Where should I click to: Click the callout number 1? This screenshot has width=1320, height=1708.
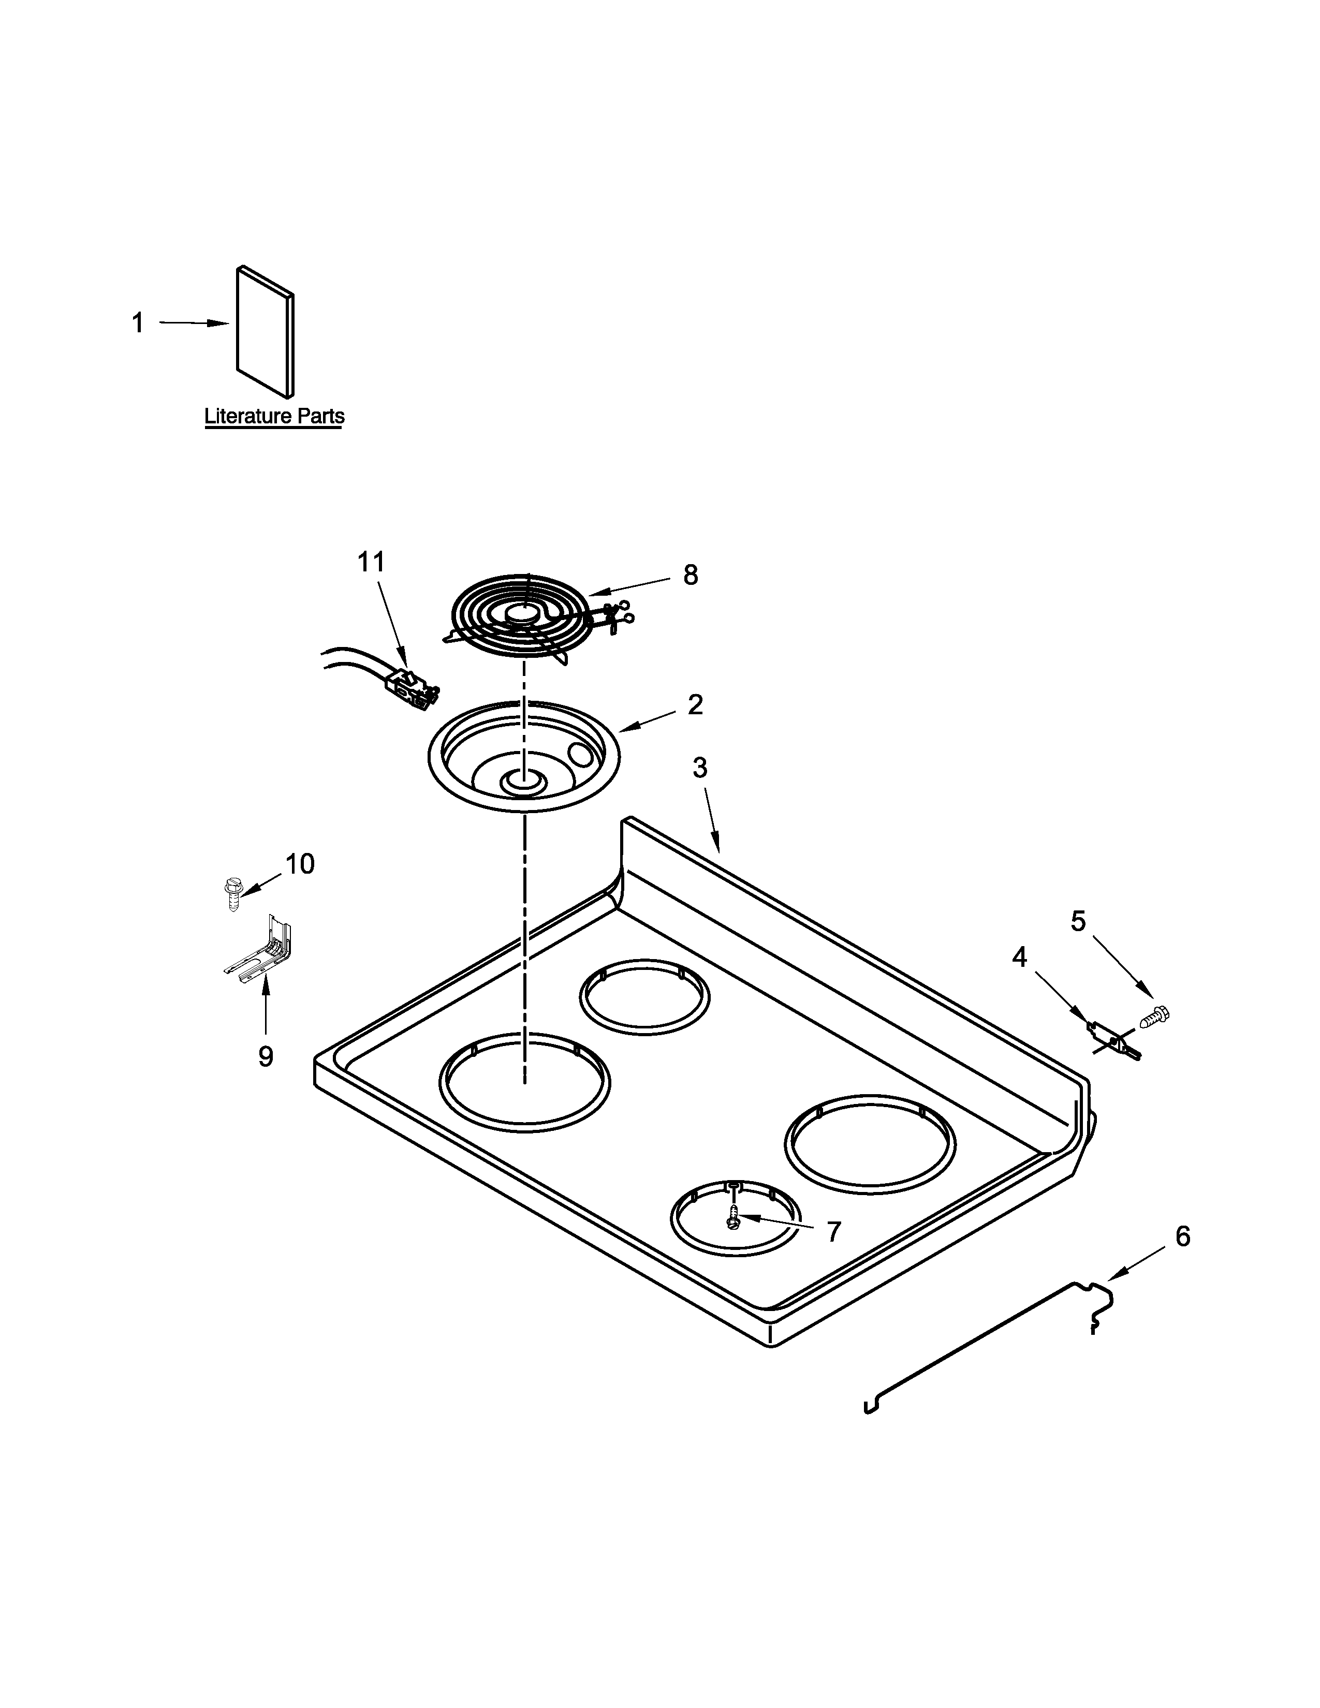[138, 323]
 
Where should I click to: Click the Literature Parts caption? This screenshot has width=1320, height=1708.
[274, 416]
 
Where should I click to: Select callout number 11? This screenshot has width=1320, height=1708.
[372, 562]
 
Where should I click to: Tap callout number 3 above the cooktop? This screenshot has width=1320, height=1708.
[700, 768]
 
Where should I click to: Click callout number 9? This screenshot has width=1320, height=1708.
[266, 1057]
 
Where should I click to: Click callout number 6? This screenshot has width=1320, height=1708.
[1182, 1236]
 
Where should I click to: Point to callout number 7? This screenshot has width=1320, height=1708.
[833, 1232]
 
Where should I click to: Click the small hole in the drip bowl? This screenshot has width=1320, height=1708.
[581, 755]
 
